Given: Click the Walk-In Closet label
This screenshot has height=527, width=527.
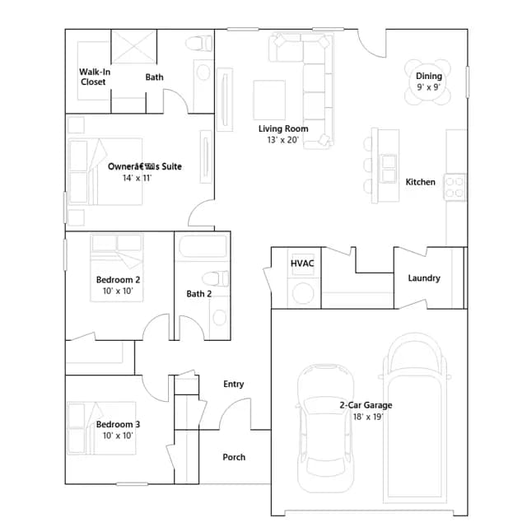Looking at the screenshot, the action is [x=95, y=77].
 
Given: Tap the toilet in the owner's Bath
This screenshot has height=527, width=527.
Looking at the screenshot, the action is [x=198, y=44].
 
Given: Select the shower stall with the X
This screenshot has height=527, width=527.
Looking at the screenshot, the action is [x=133, y=46].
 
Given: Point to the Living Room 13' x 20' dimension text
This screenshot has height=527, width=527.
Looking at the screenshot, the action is [x=283, y=140].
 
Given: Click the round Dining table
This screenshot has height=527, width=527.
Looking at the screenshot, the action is [x=427, y=82].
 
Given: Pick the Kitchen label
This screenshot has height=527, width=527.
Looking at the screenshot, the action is [x=420, y=182].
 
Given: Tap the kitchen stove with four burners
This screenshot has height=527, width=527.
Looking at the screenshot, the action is [x=455, y=187].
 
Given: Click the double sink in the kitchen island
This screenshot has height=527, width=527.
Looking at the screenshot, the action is [x=389, y=169].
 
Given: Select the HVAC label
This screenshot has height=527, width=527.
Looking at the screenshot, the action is [x=302, y=263].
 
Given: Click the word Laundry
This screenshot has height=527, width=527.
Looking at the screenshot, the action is [x=424, y=278].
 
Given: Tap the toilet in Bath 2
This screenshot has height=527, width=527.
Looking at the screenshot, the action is [x=215, y=279].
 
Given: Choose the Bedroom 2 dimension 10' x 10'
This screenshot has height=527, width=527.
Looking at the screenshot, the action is [x=118, y=291].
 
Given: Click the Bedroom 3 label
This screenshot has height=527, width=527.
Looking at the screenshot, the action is [x=118, y=424].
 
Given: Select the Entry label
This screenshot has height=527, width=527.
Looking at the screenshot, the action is [x=234, y=384].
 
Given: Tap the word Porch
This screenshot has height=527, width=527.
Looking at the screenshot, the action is [x=234, y=457].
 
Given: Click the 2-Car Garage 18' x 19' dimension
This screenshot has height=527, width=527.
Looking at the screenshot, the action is [x=368, y=417].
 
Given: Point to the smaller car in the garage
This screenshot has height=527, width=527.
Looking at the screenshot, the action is [x=325, y=428].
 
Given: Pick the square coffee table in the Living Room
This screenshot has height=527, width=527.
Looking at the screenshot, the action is [x=269, y=100].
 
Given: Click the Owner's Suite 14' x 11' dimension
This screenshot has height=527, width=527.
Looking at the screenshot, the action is [x=138, y=178].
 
